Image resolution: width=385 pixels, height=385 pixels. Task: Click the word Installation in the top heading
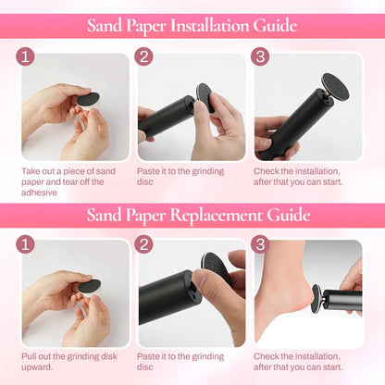point(209,25)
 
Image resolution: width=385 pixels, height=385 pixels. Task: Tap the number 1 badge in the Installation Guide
point(25,56)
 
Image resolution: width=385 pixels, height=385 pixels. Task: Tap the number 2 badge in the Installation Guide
point(143,56)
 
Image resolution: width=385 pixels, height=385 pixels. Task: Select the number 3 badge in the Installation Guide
point(260,56)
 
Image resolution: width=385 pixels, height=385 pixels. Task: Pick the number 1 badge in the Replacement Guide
point(25,244)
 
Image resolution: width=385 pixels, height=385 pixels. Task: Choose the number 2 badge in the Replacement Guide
point(143,244)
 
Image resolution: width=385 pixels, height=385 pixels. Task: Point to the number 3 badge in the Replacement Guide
point(260,244)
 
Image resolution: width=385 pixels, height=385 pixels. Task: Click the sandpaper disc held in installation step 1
point(88,99)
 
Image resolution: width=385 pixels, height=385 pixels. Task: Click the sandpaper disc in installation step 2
point(205,97)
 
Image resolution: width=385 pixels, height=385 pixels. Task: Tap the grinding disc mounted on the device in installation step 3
point(335,86)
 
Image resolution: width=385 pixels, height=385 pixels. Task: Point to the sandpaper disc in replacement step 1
point(90,286)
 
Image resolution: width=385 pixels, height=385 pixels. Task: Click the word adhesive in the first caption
point(39,192)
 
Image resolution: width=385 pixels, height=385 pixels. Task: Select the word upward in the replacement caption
point(37,367)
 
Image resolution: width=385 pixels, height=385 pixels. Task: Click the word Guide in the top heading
point(275,25)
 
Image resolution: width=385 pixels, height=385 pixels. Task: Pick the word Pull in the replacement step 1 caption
point(29,356)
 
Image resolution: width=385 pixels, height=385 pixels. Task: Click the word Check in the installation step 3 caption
point(266,171)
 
